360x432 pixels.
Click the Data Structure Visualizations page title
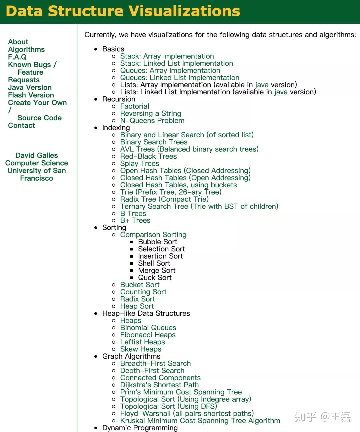(123, 11)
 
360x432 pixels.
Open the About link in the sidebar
(18, 42)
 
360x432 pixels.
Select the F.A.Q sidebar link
(17, 57)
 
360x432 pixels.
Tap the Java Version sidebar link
(30, 87)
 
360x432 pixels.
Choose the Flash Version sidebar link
(31, 95)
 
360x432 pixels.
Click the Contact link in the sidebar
(21, 125)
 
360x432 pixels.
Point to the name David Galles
(36, 155)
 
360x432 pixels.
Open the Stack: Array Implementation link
(167, 56)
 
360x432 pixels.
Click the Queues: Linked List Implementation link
(179, 78)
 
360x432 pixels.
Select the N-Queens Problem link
(152, 120)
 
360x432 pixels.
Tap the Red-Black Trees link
(148, 156)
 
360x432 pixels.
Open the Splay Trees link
(139, 163)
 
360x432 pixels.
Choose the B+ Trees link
(135, 220)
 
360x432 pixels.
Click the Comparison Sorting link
(153, 235)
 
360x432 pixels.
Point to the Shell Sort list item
(154, 263)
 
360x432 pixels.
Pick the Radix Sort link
(137, 299)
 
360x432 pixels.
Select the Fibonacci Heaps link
(148, 335)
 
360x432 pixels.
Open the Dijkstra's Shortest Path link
(159, 385)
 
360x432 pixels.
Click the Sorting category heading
(114, 227)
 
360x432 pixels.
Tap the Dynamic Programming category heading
(140, 428)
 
